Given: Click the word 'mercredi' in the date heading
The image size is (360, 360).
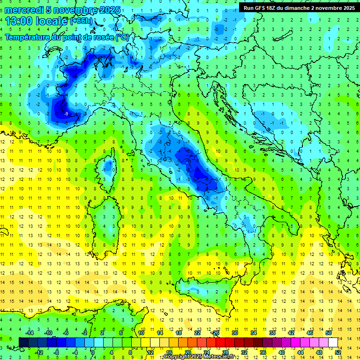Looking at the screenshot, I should [24, 10].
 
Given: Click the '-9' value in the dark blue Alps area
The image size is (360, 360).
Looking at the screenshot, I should [66, 113].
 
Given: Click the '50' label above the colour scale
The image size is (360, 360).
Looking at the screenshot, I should [329, 333].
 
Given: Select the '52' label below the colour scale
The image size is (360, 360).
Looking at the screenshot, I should [338, 352].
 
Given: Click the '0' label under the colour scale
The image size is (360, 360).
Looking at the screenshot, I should [93, 352].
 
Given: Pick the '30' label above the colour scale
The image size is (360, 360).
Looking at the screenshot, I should [234, 333].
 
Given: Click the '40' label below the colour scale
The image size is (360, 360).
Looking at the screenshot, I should [281, 352].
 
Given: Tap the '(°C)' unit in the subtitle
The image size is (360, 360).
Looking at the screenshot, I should [121, 37].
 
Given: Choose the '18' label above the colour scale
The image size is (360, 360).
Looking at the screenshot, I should [178, 333].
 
